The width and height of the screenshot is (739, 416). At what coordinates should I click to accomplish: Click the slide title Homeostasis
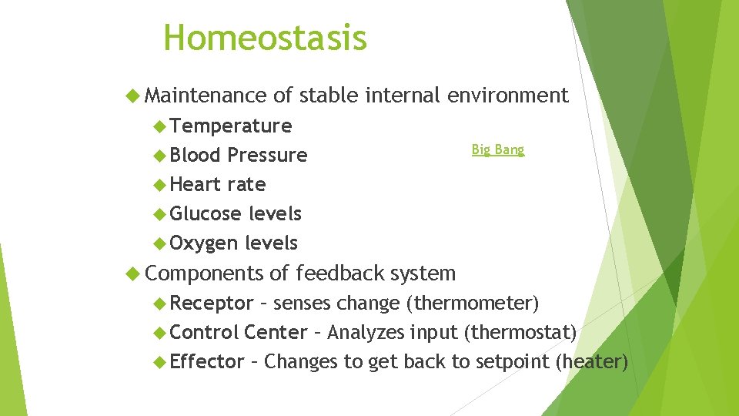point(266,38)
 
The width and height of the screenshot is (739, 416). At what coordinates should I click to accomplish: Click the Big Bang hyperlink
point(497,149)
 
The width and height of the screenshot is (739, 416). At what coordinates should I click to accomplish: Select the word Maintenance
point(206,96)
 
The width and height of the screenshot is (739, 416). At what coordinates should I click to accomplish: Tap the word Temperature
point(231,126)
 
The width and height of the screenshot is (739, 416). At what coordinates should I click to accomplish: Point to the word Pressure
point(267,155)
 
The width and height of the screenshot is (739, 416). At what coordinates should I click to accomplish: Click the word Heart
point(196,184)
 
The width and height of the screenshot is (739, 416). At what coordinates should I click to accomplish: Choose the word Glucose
point(205,213)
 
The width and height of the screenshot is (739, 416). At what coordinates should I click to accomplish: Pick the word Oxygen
point(204,243)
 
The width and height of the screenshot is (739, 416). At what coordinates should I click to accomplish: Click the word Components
point(204,273)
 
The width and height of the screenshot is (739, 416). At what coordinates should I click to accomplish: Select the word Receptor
point(212,303)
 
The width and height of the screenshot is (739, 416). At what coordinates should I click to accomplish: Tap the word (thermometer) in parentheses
point(477,303)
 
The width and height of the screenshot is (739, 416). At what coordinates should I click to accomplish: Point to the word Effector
point(207,361)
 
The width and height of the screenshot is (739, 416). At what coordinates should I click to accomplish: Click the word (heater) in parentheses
point(592,361)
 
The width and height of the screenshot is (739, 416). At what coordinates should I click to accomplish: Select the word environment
point(508,96)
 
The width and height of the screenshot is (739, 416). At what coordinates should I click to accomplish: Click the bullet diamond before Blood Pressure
point(159,156)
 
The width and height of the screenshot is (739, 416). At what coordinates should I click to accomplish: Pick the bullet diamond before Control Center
point(159,333)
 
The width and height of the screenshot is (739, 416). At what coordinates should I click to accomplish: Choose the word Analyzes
point(366,332)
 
